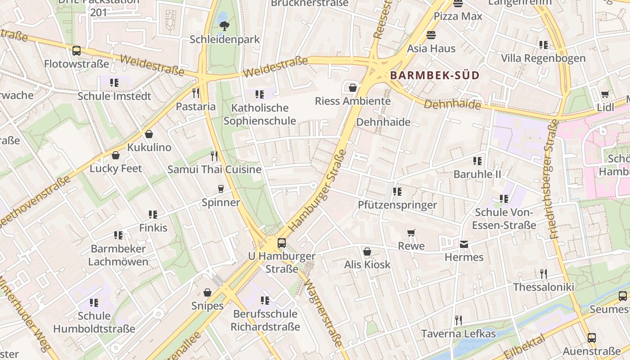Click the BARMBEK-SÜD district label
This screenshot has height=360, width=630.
pos(435,76)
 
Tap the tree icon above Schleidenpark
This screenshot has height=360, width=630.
pos(224,27)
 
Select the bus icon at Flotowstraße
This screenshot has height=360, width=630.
pos(76,50)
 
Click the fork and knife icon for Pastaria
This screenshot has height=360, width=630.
pos(196,93)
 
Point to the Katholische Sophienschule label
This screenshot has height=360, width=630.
pos(260,114)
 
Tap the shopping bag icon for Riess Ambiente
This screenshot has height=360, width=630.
pos(353,87)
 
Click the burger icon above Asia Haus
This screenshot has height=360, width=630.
pos(431,35)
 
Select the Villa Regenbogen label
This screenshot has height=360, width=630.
pos(543,58)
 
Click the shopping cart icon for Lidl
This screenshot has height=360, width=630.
pos(605,94)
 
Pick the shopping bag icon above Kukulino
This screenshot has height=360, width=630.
pos(149,134)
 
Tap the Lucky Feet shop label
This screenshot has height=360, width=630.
pos(116,168)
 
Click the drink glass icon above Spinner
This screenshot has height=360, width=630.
pos(220,189)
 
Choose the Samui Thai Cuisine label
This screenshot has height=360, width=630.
pos(214,170)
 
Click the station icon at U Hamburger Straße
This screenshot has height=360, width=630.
pos(282,243)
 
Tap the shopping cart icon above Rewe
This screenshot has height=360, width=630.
pos(411,233)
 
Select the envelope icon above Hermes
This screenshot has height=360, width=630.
pos(464,244)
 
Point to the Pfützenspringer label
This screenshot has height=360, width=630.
pos(397,205)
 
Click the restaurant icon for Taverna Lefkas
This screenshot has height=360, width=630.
pos(458,320)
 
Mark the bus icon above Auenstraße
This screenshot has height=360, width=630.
pos(591,337)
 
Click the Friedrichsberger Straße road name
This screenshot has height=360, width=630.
pos(553,180)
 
